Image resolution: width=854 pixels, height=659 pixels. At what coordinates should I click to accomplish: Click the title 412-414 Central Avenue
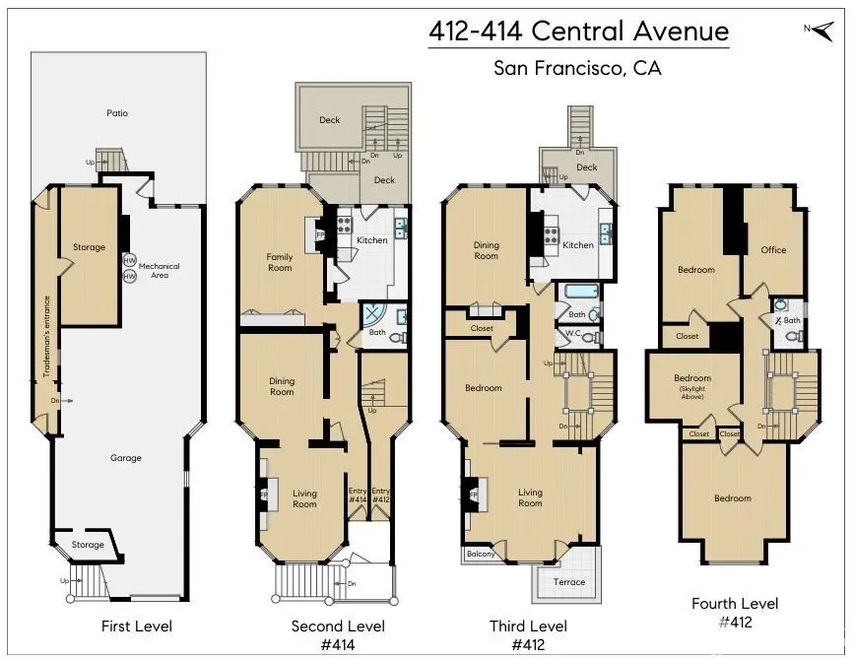point(578,31)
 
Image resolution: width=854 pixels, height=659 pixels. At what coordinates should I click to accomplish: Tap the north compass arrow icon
point(817,29)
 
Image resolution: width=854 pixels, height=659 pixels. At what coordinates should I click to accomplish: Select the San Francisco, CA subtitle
point(577,69)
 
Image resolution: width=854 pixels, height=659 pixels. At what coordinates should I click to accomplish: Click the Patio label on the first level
point(117,113)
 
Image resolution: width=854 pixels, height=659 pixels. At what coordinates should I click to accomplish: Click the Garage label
point(126,457)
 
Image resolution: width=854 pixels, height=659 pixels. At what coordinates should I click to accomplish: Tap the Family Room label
point(280,262)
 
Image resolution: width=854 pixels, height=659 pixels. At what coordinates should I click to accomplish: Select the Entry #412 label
point(381,495)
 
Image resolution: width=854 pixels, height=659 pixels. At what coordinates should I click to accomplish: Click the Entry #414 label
point(358,495)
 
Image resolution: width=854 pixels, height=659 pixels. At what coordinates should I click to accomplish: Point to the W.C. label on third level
point(572,334)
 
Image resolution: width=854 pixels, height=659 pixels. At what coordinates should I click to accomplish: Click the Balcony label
point(481,554)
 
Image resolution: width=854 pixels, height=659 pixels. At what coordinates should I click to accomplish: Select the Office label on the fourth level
point(773,250)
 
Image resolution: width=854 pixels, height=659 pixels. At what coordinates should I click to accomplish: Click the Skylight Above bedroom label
point(692,387)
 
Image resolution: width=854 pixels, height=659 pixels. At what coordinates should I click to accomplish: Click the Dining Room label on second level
point(282,386)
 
